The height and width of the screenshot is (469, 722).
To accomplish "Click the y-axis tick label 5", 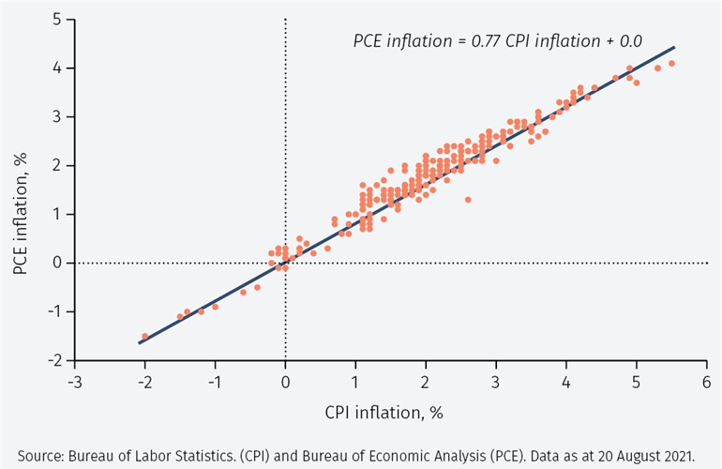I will coord(58,20).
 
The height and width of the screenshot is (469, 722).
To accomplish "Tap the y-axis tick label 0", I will coord(58,263).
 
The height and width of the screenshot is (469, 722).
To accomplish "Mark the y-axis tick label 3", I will coord(58,117).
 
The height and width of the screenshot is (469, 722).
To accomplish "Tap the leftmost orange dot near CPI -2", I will coord(144,336).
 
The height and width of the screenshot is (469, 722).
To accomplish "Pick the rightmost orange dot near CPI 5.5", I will coord(671,63).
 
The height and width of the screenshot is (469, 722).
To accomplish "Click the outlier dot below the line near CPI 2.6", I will coord(468,199).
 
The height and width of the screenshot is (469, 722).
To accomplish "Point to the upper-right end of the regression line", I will coord(674,47).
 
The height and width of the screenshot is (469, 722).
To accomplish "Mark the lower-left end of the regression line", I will coord(139,343).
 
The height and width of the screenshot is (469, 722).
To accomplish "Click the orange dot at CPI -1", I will coord(215,307).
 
